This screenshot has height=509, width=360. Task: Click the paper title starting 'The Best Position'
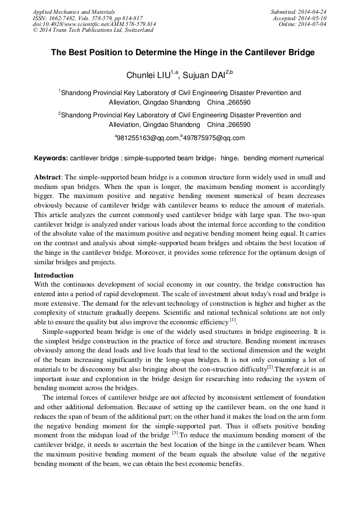click(183, 53)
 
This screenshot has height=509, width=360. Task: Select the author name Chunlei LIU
click(147, 75)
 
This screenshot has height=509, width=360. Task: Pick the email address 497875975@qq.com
click(214, 138)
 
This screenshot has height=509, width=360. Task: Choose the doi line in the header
click(94, 24)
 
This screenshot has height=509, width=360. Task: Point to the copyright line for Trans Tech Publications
click(93, 30)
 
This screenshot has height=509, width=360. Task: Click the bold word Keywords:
click(51, 158)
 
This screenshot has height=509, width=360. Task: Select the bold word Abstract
click(47, 177)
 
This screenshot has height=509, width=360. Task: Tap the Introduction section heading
click(54, 275)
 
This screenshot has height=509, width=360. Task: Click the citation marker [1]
click(233, 320)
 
